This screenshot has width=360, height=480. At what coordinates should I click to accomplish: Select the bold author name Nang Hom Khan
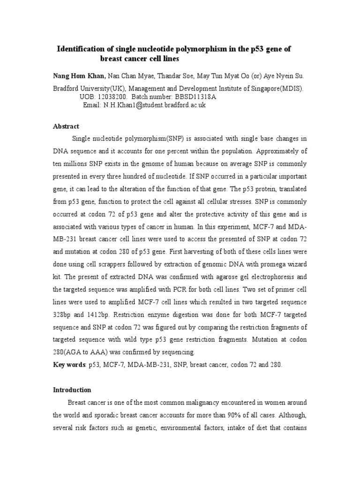72,76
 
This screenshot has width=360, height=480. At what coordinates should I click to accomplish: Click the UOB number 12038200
112,97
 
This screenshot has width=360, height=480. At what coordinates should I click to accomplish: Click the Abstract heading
66,127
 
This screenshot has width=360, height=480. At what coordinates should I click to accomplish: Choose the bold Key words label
68,365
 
